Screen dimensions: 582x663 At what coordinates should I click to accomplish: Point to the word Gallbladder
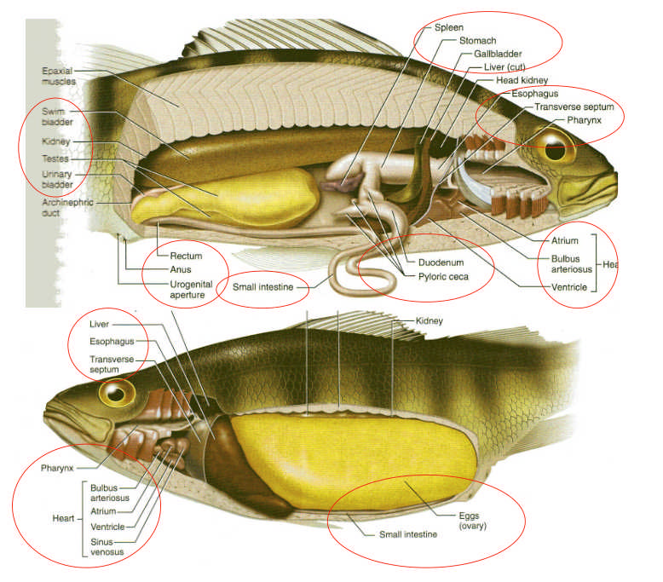[x=498, y=54]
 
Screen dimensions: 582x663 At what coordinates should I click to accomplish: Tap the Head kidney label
[x=522, y=80]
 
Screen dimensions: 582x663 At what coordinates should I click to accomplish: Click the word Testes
[x=55, y=158]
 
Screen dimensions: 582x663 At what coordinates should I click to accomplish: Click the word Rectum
[x=185, y=256]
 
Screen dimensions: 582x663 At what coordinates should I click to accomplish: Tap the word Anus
[x=180, y=269]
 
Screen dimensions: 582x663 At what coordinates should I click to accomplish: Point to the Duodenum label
[x=440, y=262]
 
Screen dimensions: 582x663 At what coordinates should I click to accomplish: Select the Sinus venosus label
[x=107, y=545]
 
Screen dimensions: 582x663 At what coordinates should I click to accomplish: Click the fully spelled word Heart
[x=62, y=518]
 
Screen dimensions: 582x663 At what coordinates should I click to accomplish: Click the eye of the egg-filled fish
[x=117, y=393]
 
